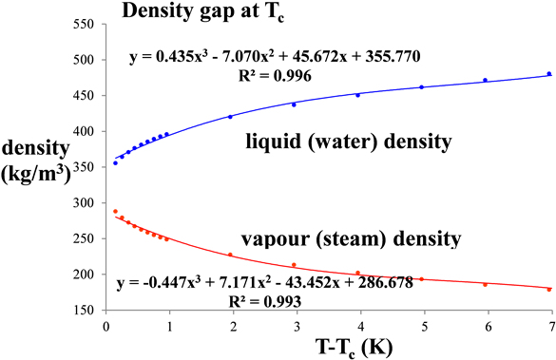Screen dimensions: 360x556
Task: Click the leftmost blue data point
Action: coord(115,162)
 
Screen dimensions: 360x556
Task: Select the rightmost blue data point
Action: coord(549,74)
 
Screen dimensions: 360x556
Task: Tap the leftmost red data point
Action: coord(115,211)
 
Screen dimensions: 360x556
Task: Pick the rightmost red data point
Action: coord(549,289)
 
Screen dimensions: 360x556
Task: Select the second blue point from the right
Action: coord(485,80)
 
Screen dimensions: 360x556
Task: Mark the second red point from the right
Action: coord(485,284)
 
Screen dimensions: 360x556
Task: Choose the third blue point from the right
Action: coord(421,87)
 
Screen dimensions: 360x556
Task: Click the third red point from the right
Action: coord(421,279)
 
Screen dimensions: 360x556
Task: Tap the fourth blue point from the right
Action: coord(357,95)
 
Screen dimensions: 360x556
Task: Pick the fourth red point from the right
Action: coord(357,273)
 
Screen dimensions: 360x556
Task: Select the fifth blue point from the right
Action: coord(294,104)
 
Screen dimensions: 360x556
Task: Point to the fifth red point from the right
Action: coord(294,264)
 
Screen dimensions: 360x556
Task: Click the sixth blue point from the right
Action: coord(230,117)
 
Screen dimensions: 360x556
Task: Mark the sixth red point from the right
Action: coord(230,254)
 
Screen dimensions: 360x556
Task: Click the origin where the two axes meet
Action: coord(106,310)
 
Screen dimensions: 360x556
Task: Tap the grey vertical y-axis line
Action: coord(106,190)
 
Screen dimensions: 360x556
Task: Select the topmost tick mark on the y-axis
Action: coord(104,23)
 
